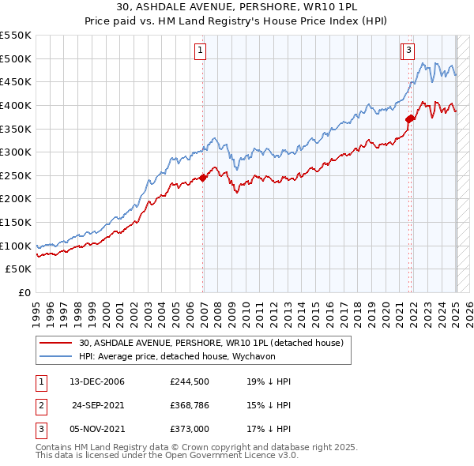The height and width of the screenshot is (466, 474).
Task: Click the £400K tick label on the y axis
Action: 16,105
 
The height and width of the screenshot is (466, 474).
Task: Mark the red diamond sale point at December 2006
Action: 203,178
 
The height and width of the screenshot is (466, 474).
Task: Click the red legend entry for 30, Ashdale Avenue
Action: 210,343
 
